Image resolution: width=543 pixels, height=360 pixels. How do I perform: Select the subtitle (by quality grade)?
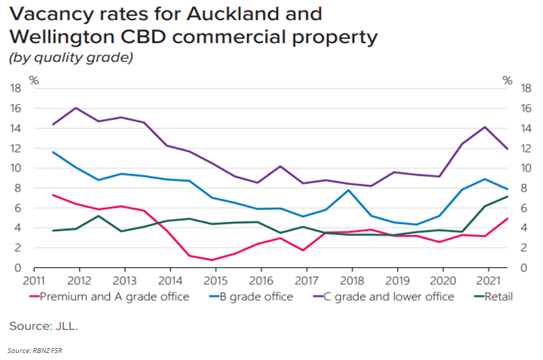(x=70, y=58)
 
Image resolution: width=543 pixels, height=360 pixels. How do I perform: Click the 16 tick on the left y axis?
(x=15, y=109)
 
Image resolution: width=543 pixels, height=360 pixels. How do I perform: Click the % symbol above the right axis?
(x=507, y=80)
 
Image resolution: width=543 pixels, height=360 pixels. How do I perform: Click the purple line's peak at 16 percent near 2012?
(x=76, y=108)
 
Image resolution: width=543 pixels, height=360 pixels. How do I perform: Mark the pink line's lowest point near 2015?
(x=213, y=260)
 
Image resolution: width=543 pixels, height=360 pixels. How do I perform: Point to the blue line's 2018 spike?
(x=349, y=190)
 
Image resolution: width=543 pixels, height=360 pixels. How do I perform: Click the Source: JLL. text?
(x=43, y=326)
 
